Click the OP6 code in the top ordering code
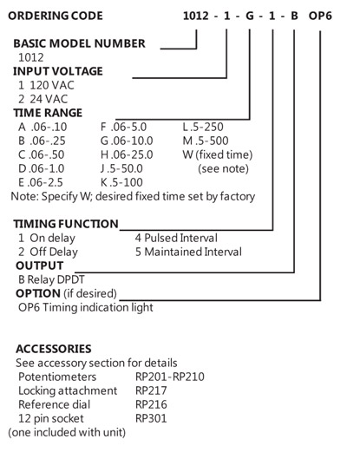tap(320, 16)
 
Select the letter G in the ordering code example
tap(250, 16)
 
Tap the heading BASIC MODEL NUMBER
tap(79, 43)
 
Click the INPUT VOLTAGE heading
tap(58, 71)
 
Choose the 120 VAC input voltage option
tap(46, 85)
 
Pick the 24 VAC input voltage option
tap(43, 99)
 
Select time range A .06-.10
tap(43, 127)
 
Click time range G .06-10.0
tap(127, 141)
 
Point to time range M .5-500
tap(206, 141)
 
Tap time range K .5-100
tap(121, 182)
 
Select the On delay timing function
tap(47, 238)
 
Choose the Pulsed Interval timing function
tap(176, 238)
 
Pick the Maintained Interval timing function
tap(188, 252)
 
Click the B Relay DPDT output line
tap(51, 279)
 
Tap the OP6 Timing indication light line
tap(86, 308)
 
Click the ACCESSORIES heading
tap(54, 349)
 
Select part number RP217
tap(151, 390)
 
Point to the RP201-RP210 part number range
tap(170, 377)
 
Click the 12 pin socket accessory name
tap(51, 419)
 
